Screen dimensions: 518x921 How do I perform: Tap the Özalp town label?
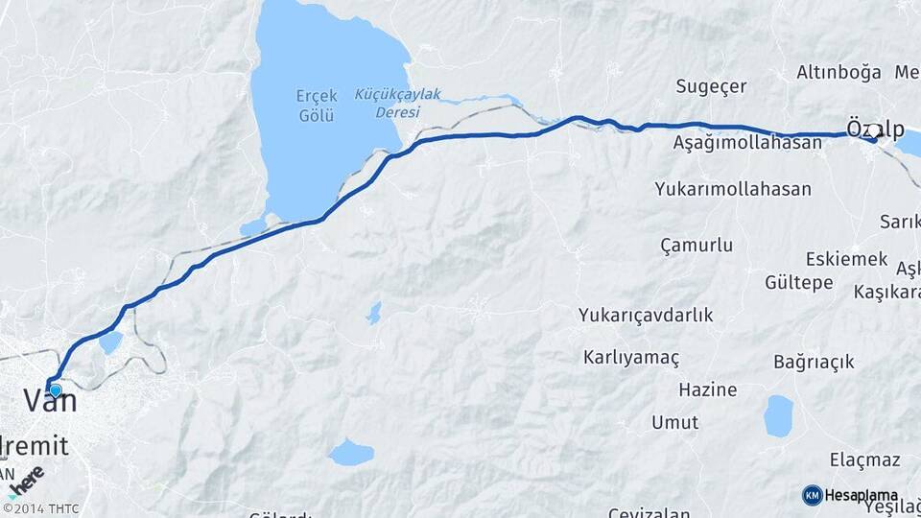[874, 129]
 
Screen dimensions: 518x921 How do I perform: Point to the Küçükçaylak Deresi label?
[397, 103]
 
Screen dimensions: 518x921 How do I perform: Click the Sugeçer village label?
[711, 87]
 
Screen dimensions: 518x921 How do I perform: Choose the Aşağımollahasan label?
[747, 143]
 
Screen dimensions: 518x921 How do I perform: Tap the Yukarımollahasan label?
[733, 189]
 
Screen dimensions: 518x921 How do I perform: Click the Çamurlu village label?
[697, 246]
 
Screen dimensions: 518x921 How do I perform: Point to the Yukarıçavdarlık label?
[646, 315]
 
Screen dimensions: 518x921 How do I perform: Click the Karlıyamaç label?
[630, 358]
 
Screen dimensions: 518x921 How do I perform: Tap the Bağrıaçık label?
[814, 362]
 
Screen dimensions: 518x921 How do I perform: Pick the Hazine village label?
[707, 390]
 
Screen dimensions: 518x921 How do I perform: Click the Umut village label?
[675, 422]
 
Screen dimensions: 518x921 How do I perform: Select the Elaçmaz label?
[864, 459]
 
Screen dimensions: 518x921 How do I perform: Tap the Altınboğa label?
[838, 73]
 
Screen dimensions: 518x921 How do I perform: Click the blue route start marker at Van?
[56, 390]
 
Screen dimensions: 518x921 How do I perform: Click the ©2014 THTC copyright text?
[40, 508]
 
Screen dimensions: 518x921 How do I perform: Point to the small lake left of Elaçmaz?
[778, 416]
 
